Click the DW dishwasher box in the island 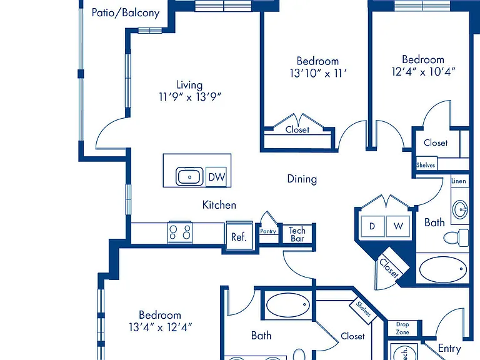click(216, 177)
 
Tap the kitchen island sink click(189, 177)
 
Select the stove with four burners click(180, 232)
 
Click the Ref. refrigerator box click(239, 236)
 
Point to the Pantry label click(268, 231)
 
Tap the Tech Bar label click(297, 234)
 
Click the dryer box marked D click(372, 226)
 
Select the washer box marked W click(398, 226)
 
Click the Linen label click(459, 181)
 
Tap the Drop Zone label click(402, 328)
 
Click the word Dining click(302, 179)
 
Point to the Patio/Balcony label click(126, 13)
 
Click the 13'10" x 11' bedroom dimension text click(318, 73)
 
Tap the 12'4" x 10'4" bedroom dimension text click(423, 72)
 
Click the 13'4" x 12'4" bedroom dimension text click(160, 327)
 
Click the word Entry click(449, 348)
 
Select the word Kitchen click(219, 205)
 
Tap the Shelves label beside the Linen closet click(426, 165)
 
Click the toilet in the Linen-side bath click(456, 237)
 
